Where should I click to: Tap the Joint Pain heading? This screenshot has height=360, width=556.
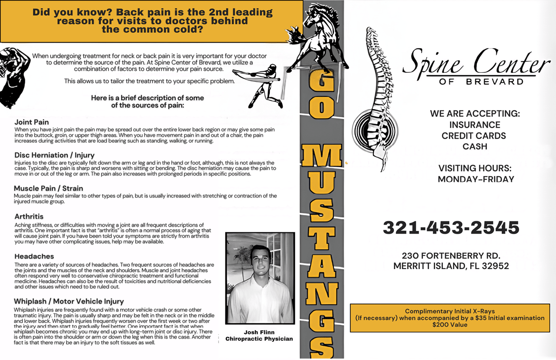32,122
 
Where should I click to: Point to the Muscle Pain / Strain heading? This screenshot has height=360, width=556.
49,188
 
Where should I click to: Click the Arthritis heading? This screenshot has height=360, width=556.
29,216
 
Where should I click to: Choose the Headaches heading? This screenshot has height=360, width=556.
34,256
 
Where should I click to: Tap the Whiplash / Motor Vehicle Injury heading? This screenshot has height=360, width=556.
69,301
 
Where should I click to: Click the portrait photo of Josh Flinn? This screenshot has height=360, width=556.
260,278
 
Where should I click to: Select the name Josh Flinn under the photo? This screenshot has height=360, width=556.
259,332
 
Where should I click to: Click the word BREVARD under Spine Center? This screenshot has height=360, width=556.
495,82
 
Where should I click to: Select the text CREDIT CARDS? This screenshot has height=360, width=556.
474,135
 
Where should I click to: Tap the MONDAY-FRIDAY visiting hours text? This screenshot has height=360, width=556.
476,179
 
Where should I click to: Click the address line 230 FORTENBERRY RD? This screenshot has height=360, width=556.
451,255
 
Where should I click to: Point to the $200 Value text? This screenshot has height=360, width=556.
450,325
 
